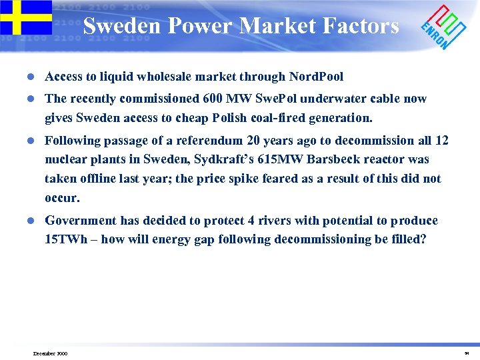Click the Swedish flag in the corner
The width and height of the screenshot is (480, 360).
[x=25, y=17]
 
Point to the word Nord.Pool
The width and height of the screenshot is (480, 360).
[x=316, y=77]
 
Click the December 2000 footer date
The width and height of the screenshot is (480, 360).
[x=49, y=353]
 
